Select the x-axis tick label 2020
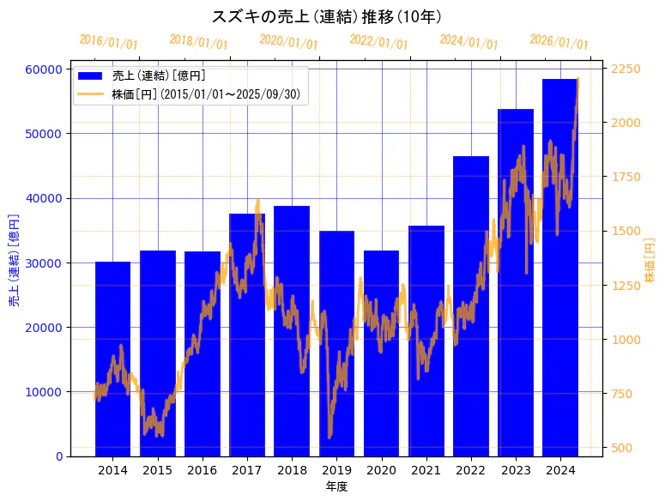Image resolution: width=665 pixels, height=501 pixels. [x=381, y=470]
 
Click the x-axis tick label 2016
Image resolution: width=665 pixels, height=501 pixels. [x=203, y=470]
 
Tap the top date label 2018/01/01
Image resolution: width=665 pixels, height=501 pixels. [x=198, y=41]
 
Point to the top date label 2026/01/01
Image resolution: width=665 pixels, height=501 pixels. [x=559, y=42]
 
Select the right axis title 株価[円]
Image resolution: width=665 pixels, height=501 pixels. [x=650, y=262]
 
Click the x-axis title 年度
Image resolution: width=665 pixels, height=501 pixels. [x=336, y=487]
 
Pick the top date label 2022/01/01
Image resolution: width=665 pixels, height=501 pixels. [x=378, y=41]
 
